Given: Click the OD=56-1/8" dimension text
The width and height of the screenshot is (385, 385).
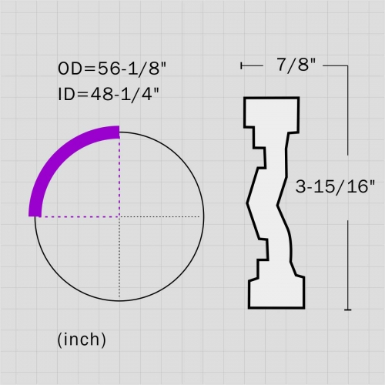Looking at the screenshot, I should tap(112, 68).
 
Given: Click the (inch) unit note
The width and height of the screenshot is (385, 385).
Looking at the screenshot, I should tap(82, 338).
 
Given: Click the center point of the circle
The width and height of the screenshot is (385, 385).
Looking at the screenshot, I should tap(119, 216).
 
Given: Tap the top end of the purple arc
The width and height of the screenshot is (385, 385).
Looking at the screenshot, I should tap(119, 132).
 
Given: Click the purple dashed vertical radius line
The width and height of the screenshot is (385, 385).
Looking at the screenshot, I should tap(119, 177).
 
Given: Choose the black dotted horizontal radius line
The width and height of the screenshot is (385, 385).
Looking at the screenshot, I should tap(162, 216).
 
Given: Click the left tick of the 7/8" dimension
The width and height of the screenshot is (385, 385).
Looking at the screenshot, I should tap(243, 66).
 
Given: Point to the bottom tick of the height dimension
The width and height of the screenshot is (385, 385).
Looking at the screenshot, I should tap(349, 310).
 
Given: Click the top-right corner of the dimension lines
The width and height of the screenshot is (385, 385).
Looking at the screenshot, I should tap(349, 66).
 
